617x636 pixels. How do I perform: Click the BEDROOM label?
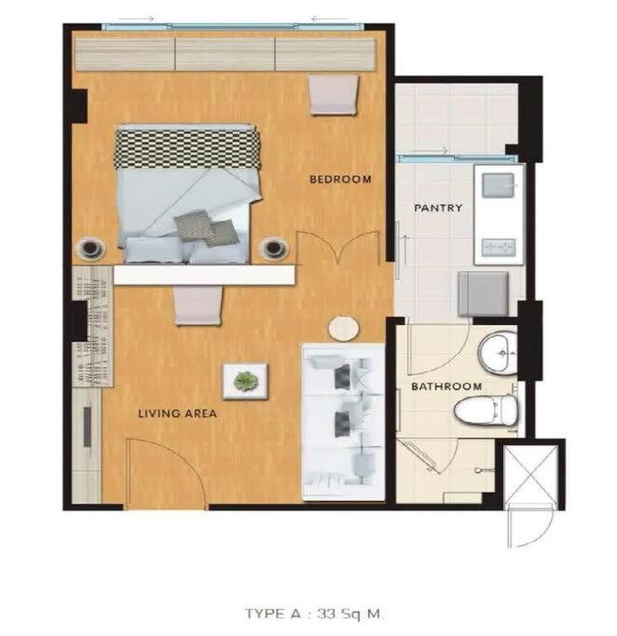click(340, 180)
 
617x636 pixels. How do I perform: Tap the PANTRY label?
click(438, 208)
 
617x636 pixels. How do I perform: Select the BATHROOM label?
click(446, 386)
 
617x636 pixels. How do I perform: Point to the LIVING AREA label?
click(177, 413)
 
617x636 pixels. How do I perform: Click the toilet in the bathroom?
click(486, 410)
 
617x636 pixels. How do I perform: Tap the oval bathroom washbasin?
click(498, 353)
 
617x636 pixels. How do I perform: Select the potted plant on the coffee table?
click(245, 381)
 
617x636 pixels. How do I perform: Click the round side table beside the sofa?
click(343, 329)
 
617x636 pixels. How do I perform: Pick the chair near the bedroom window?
click(334, 95)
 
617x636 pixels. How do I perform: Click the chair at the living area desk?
click(199, 305)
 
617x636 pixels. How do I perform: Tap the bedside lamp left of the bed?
click(91, 247)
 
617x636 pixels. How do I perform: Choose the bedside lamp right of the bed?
click(274, 248)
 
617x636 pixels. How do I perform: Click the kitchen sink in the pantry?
click(498, 185)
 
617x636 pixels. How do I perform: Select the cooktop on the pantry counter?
click(499, 248)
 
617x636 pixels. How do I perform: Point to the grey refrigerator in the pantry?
click(483, 293)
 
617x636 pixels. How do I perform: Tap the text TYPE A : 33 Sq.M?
click(313, 614)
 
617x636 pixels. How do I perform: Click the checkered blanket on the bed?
click(187, 148)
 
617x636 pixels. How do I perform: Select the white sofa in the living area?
click(343, 422)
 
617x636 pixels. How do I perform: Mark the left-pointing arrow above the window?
click(330, 19)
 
